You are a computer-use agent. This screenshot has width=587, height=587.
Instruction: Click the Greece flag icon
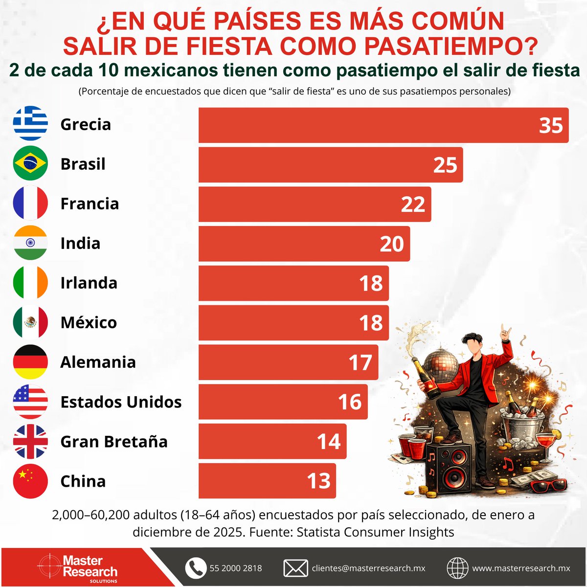pyautogui.click(x=30, y=124)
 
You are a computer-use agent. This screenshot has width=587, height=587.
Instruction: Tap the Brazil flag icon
pyautogui.click(x=30, y=163)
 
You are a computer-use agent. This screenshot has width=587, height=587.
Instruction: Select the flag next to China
pyautogui.click(x=30, y=481)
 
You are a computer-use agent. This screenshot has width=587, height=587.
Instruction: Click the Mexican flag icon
pyautogui.click(x=30, y=322)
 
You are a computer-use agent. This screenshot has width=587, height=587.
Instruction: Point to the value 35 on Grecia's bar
pyautogui.click(x=551, y=126)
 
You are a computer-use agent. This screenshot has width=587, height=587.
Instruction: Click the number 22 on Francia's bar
pyautogui.click(x=413, y=204)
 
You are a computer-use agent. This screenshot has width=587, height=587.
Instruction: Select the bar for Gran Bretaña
pyautogui.click(x=272, y=441)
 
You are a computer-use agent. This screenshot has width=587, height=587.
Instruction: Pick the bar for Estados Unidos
pyautogui.click(x=283, y=402)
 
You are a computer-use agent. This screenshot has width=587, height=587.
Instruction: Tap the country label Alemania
pyautogui.click(x=98, y=362)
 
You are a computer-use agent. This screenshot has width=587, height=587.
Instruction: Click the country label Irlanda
pyautogui.click(x=89, y=283)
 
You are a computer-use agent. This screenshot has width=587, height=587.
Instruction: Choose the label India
pyautogui.click(x=80, y=243)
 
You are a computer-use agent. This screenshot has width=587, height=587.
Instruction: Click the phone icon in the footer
pyautogui.click(x=196, y=568)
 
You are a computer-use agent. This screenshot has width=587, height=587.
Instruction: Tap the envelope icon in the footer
pyautogui.click(x=295, y=568)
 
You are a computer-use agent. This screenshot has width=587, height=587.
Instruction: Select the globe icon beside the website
pyautogui.click(x=457, y=568)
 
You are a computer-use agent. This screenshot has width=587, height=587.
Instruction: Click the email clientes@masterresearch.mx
pyautogui.click(x=368, y=568)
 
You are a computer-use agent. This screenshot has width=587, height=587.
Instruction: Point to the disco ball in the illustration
pyautogui.click(x=439, y=365)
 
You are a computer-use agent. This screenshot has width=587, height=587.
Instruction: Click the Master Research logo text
pyautogui.click(x=89, y=566)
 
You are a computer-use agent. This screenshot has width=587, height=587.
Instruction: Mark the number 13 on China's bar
pyautogui.click(x=318, y=481)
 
